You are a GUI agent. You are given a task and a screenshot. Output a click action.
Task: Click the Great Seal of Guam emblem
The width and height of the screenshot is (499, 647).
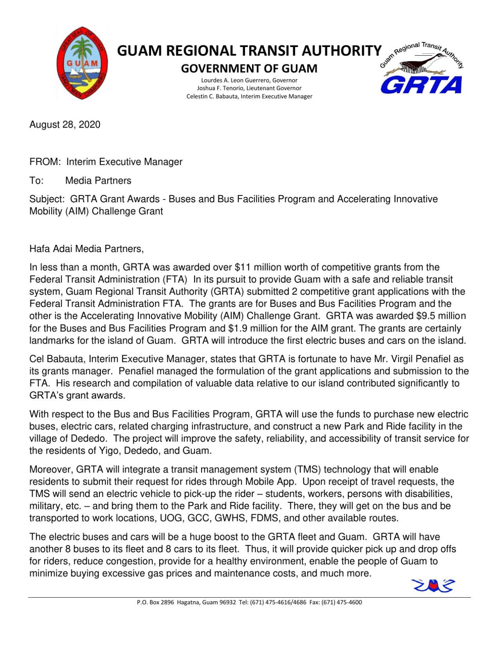[82, 63]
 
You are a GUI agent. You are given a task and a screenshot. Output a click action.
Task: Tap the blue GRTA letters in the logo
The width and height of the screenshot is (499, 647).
[421, 85]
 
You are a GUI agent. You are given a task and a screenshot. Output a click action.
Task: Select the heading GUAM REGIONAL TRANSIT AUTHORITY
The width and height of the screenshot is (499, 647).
[249, 51]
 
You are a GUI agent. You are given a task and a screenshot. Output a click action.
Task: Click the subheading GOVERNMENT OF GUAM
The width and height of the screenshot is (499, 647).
[249, 69]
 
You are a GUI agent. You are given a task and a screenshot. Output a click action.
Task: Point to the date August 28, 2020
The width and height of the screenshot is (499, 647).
[65, 125]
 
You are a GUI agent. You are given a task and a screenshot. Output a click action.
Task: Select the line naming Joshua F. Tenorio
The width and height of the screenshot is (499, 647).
[249, 88]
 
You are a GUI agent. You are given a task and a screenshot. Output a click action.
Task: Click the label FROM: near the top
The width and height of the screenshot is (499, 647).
[45, 162]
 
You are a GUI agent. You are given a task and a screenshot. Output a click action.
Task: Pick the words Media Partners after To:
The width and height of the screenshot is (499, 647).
[98, 181]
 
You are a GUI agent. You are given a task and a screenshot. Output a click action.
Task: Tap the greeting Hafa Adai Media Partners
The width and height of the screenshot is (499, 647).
[86, 249]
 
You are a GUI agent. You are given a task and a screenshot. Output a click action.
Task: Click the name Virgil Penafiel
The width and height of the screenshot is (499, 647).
[421, 359]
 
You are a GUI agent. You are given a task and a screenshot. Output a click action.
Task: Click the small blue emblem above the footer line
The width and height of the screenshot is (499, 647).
[433, 585]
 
